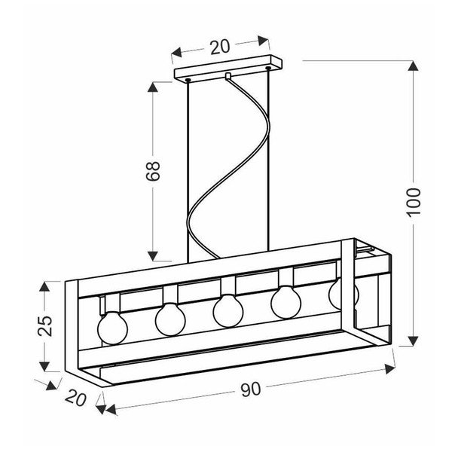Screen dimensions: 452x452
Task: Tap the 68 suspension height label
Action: click(x=153, y=172)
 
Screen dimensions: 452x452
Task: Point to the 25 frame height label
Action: click(x=45, y=325)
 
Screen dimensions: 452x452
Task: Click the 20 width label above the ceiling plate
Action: click(x=218, y=47)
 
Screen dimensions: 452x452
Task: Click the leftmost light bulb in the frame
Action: click(x=112, y=325)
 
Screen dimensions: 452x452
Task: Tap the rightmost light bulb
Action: click(x=341, y=292)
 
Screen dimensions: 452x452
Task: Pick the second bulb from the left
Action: click(x=170, y=319)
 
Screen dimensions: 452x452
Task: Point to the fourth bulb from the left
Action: click(x=286, y=301)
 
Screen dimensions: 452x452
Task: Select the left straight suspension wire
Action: click(x=185, y=166)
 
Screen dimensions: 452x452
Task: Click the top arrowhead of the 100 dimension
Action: click(x=412, y=66)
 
